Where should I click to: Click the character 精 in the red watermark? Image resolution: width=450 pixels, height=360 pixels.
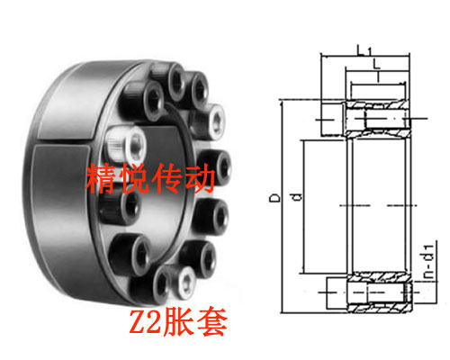(x=101, y=178)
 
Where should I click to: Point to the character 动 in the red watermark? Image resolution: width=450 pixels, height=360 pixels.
(x=199, y=178)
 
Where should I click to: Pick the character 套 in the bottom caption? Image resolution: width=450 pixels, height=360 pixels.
(x=212, y=321)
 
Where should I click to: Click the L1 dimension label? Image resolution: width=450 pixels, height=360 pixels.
(x=364, y=49)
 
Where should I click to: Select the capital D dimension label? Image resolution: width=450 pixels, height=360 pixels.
(x=274, y=198)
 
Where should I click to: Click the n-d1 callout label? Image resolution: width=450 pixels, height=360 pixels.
(x=428, y=261)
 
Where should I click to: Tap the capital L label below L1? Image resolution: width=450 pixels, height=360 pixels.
(x=376, y=64)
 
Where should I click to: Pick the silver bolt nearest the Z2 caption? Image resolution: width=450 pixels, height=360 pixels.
(x=183, y=282)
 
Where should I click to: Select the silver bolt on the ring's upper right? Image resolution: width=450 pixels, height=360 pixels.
(x=210, y=121)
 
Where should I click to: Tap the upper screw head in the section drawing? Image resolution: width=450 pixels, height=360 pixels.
(x=332, y=120)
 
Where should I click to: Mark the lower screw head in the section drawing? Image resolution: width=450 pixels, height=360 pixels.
(x=337, y=292)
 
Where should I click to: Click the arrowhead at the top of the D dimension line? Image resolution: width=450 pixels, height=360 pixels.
(x=282, y=104)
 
